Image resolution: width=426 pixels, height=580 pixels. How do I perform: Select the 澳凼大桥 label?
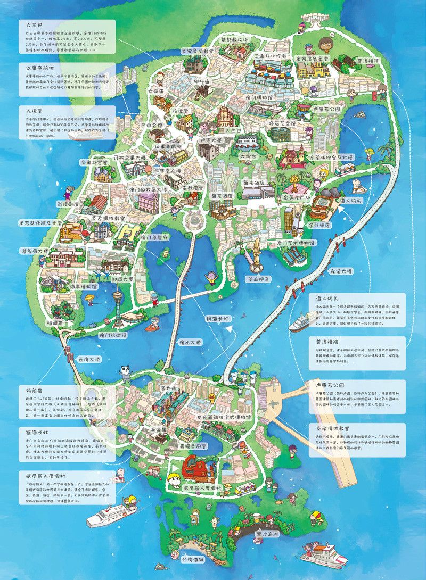[190, 342]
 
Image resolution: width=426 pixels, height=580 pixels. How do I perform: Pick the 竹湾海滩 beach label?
[191, 560]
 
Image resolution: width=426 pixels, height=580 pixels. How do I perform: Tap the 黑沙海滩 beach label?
[267, 533]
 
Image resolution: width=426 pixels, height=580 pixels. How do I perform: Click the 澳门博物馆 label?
[261, 98]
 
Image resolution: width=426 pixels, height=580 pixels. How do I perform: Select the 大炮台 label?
[248, 156]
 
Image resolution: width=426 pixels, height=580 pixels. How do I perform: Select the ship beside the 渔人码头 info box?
[302, 320]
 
